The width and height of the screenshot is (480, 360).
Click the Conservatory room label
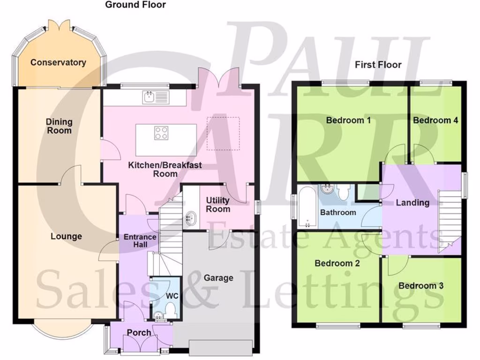pyautogui.click(x=58, y=62)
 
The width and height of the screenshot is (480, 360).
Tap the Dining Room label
pyautogui.click(x=59, y=126)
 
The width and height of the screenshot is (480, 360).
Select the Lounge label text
pyautogui.click(x=66, y=236)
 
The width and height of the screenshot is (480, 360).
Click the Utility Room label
pyautogui.click(x=218, y=205)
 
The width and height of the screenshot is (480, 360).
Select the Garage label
pyautogui.click(x=218, y=277)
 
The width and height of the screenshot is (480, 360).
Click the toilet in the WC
pyautogui.click(x=170, y=309)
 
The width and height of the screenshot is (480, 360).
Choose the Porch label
pyautogui.click(x=139, y=332)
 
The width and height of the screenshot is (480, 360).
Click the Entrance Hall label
pyautogui.click(x=139, y=241)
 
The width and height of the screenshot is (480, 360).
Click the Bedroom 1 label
pyautogui.click(x=348, y=120)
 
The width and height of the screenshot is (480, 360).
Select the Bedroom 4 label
pyautogui.click(x=435, y=120)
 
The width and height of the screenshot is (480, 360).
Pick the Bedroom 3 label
pyautogui.click(x=421, y=285)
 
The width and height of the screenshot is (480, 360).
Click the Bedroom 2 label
pyautogui.click(x=337, y=263)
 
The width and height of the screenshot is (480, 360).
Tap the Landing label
pyautogui.click(x=412, y=203)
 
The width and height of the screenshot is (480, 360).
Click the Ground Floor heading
pyautogui.click(x=135, y=5)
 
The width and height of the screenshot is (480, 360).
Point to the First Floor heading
pyautogui.click(x=378, y=65)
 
